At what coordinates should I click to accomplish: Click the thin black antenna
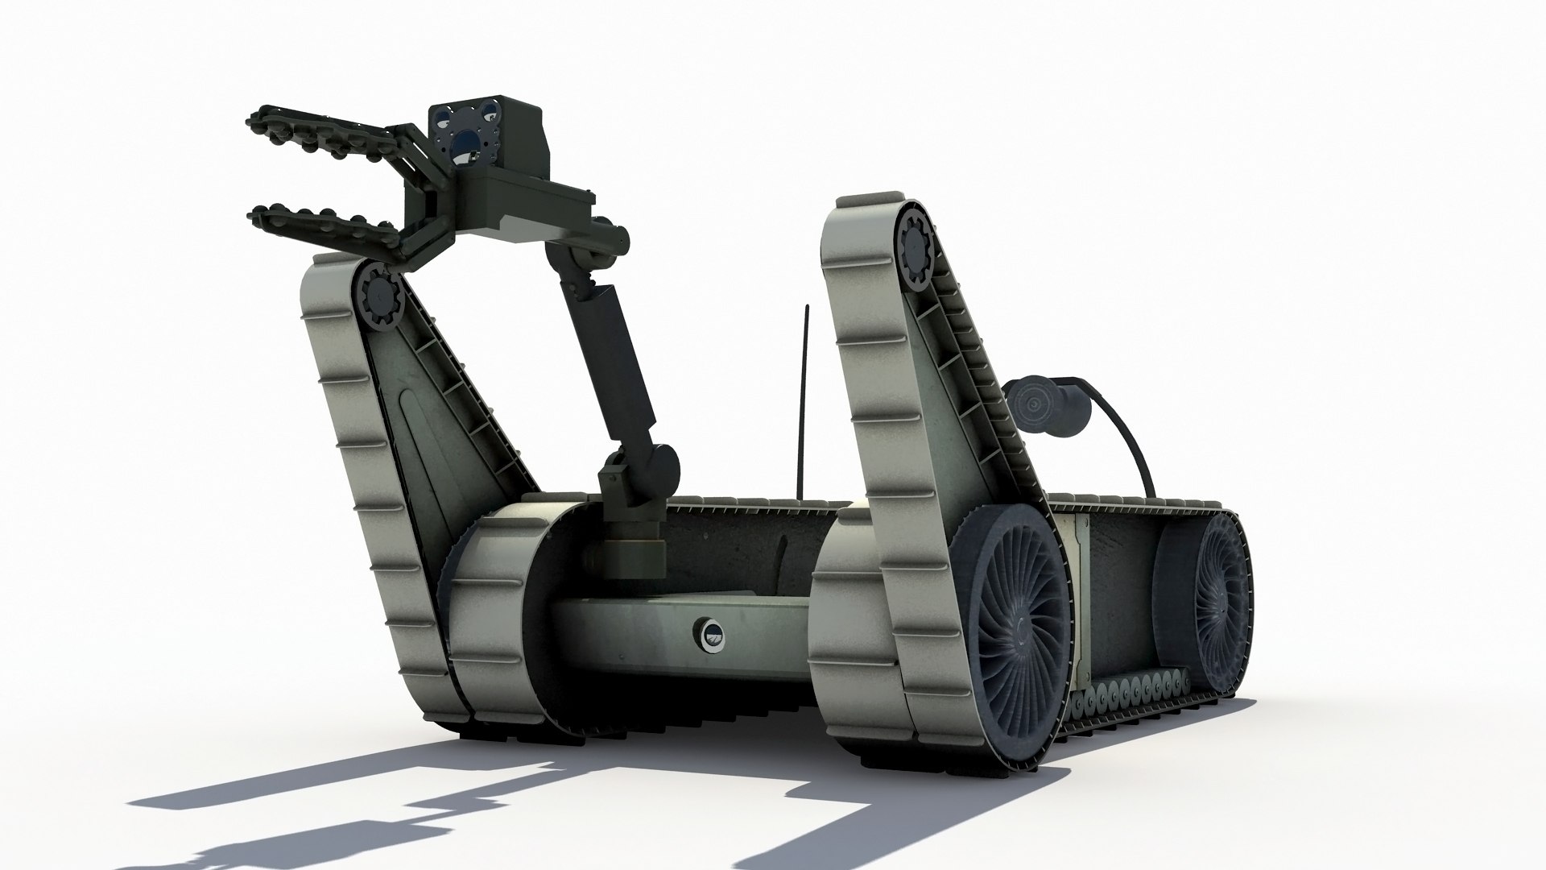pyautogui.click(x=805, y=403)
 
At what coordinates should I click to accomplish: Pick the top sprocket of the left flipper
pyautogui.click(x=377, y=295)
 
